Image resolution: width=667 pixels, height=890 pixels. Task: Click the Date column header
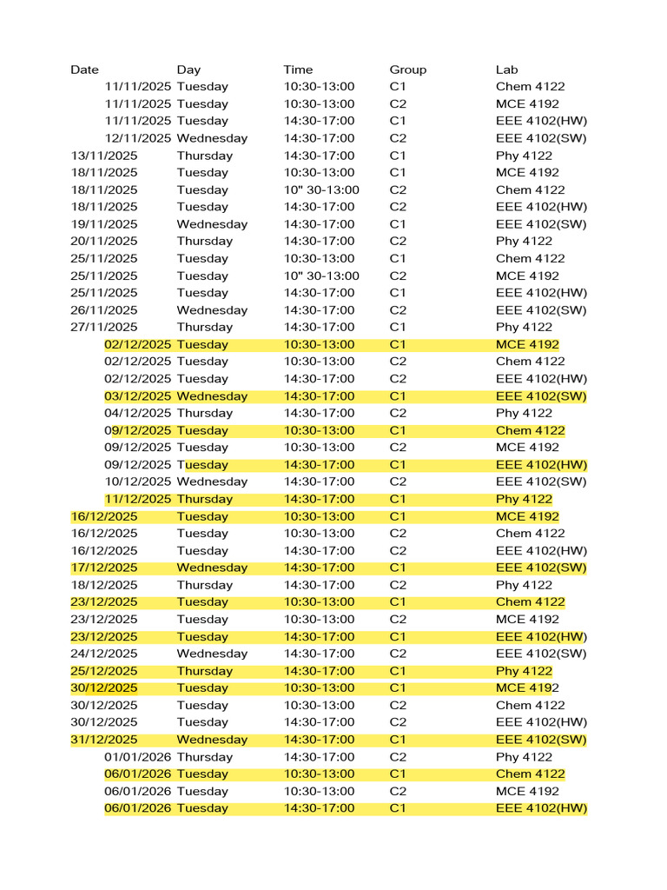click(x=84, y=70)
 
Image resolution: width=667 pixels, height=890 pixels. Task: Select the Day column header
click(x=188, y=70)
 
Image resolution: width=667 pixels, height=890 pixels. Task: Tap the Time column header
click(x=298, y=70)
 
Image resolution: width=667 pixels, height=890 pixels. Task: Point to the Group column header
click(x=407, y=70)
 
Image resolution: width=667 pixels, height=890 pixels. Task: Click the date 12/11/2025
click(x=138, y=138)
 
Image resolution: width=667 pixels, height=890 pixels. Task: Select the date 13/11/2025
click(x=103, y=156)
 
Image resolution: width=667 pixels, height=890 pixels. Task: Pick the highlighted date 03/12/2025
click(x=138, y=396)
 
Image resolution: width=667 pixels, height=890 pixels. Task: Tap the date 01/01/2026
click(x=138, y=757)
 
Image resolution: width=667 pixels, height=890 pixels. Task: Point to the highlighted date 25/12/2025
click(x=103, y=671)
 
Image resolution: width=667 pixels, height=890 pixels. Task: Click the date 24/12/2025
click(x=103, y=654)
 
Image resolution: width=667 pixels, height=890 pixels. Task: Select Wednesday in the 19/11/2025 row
click(x=212, y=224)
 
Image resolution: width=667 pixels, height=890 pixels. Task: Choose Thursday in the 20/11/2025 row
click(x=204, y=242)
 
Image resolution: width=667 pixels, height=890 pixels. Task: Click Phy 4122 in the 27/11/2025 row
click(x=524, y=328)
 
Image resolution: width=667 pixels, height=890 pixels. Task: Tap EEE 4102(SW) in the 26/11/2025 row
click(x=541, y=310)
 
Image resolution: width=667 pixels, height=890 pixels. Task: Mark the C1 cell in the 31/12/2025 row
click(x=398, y=740)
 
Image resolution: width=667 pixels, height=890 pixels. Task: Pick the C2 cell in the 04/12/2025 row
click(x=398, y=413)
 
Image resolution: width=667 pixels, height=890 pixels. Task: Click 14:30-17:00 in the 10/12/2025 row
click(x=319, y=482)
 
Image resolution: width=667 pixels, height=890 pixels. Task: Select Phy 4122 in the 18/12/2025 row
click(x=524, y=585)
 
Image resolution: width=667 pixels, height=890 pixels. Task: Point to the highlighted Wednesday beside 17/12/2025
click(x=212, y=568)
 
